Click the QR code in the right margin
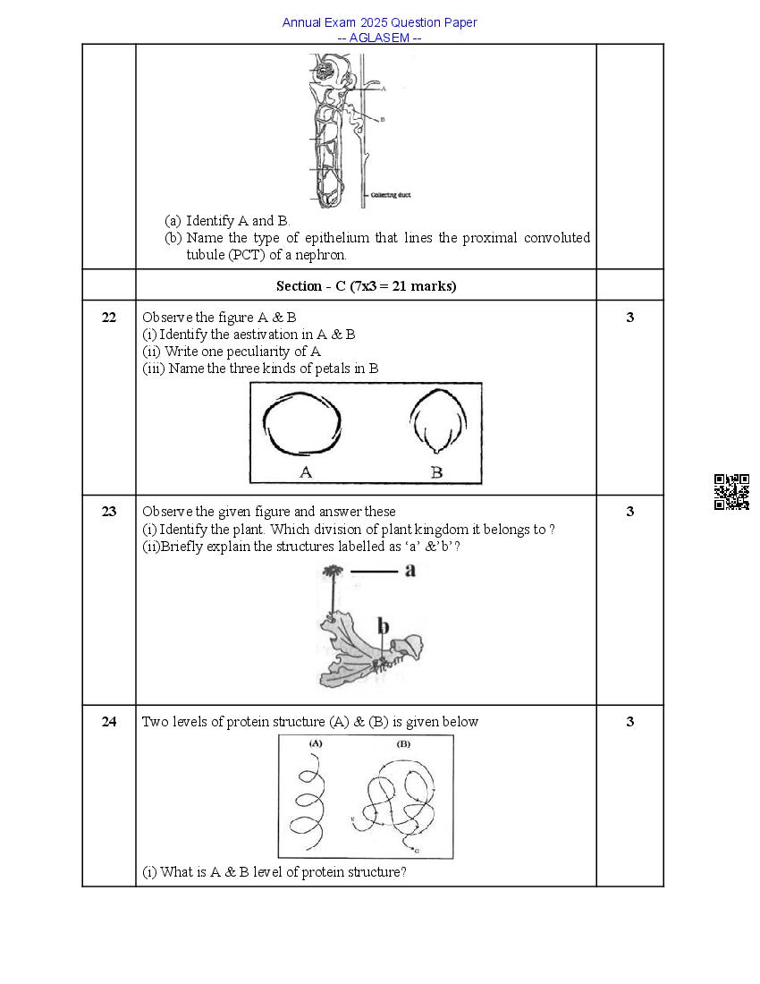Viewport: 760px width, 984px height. pyautogui.click(x=730, y=492)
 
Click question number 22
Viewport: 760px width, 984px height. pyautogui.click(x=108, y=317)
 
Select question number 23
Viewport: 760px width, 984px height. pyautogui.click(x=108, y=512)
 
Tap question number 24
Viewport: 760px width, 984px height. pyautogui.click(x=108, y=722)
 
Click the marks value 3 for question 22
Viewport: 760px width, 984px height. pyautogui.click(x=629, y=317)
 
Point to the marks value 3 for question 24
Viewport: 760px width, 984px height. pyautogui.click(x=629, y=722)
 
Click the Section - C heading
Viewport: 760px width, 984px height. pyautogui.click(x=366, y=285)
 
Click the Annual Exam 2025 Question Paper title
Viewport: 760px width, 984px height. pyautogui.click(x=379, y=22)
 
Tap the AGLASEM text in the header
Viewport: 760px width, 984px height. pyautogui.click(x=379, y=38)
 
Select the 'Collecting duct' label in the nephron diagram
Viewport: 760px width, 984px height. pyautogui.click(x=391, y=195)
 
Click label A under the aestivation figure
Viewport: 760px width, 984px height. pyautogui.click(x=305, y=471)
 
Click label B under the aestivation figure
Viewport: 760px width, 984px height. pyautogui.click(x=436, y=471)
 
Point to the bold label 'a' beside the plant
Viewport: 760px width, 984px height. pyautogui.click(x=410, y=570)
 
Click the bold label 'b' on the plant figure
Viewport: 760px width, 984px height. pyautogui.click(x=383, y=626)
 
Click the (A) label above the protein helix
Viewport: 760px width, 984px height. pyautogui.click(x=316, y=744)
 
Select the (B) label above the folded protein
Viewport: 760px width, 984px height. pyautogui.click(x=403, y=744)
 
